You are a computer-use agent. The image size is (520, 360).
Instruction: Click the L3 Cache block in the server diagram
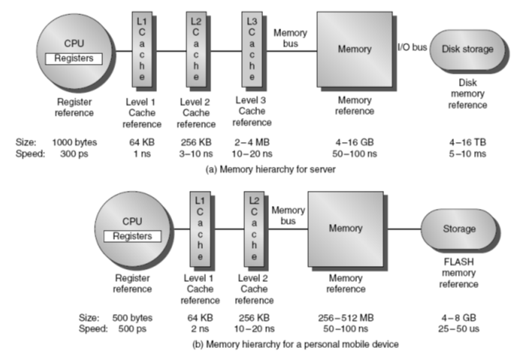[x=251, y=48]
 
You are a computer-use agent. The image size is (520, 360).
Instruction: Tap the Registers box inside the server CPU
[x=74, y=57]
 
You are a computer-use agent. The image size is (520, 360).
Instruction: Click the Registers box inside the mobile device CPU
[x=132, y=235]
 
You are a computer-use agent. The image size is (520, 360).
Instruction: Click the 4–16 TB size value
[x=467, y=141]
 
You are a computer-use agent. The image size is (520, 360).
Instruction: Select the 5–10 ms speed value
[x=467, y=153]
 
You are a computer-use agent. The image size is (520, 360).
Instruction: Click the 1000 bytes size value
[x=74, y=141]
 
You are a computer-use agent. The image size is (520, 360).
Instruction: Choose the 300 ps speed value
[x=74, y=153]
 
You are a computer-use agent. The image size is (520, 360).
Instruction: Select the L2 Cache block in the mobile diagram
[x=254, y=226]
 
